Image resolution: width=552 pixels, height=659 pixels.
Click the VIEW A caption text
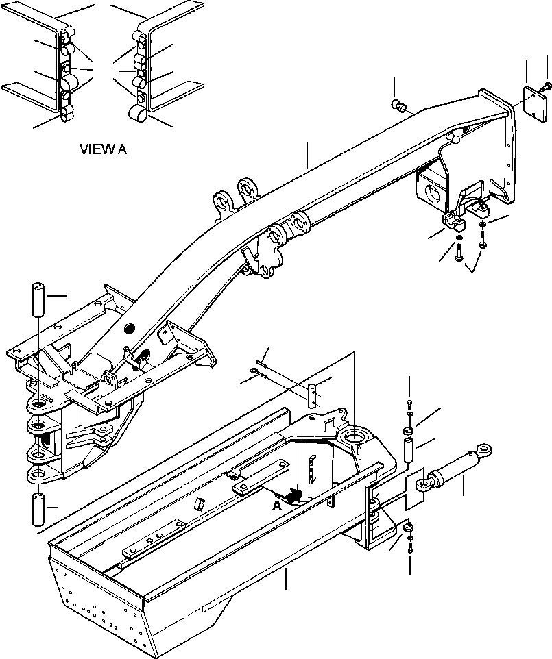tap(103, 149)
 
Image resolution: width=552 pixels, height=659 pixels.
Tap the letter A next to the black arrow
tap(276, 506)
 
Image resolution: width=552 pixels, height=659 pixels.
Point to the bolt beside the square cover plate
tap(547, 86)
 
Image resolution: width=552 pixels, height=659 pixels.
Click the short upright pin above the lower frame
tap(313, 396)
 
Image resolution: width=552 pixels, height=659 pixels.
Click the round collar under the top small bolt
tap(408, 430)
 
